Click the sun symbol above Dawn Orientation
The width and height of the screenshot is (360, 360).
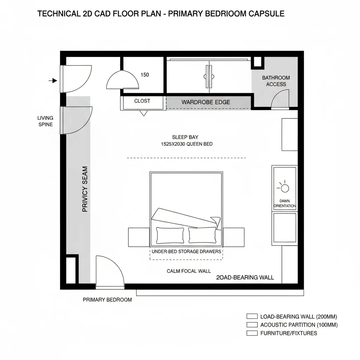(284, 188)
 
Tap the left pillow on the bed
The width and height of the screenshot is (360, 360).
(170, 235)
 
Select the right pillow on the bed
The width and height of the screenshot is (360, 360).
(202, 235)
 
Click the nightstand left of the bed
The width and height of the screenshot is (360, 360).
(139, 237)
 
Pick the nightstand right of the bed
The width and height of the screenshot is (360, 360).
(233, 237)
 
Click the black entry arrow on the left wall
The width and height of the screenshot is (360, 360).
(53, 81)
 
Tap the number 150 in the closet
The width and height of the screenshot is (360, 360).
(144, 75)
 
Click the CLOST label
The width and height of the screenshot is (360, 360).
(142, 101)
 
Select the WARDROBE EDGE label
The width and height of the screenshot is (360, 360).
(206, 102)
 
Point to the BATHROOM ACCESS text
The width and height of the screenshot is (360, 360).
(276, 81)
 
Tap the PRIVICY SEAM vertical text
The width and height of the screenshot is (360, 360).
(85, 189)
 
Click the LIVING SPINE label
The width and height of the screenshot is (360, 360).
(45, 121)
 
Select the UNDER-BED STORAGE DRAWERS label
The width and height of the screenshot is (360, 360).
(186, 251)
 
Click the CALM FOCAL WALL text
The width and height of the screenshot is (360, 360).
(189, 271)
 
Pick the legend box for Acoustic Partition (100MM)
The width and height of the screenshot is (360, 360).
(252, 324)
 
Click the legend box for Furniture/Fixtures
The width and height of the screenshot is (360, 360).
(252, 333)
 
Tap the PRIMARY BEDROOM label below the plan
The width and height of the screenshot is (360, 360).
(107, 300)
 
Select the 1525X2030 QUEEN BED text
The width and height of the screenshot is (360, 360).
(187, 144)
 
